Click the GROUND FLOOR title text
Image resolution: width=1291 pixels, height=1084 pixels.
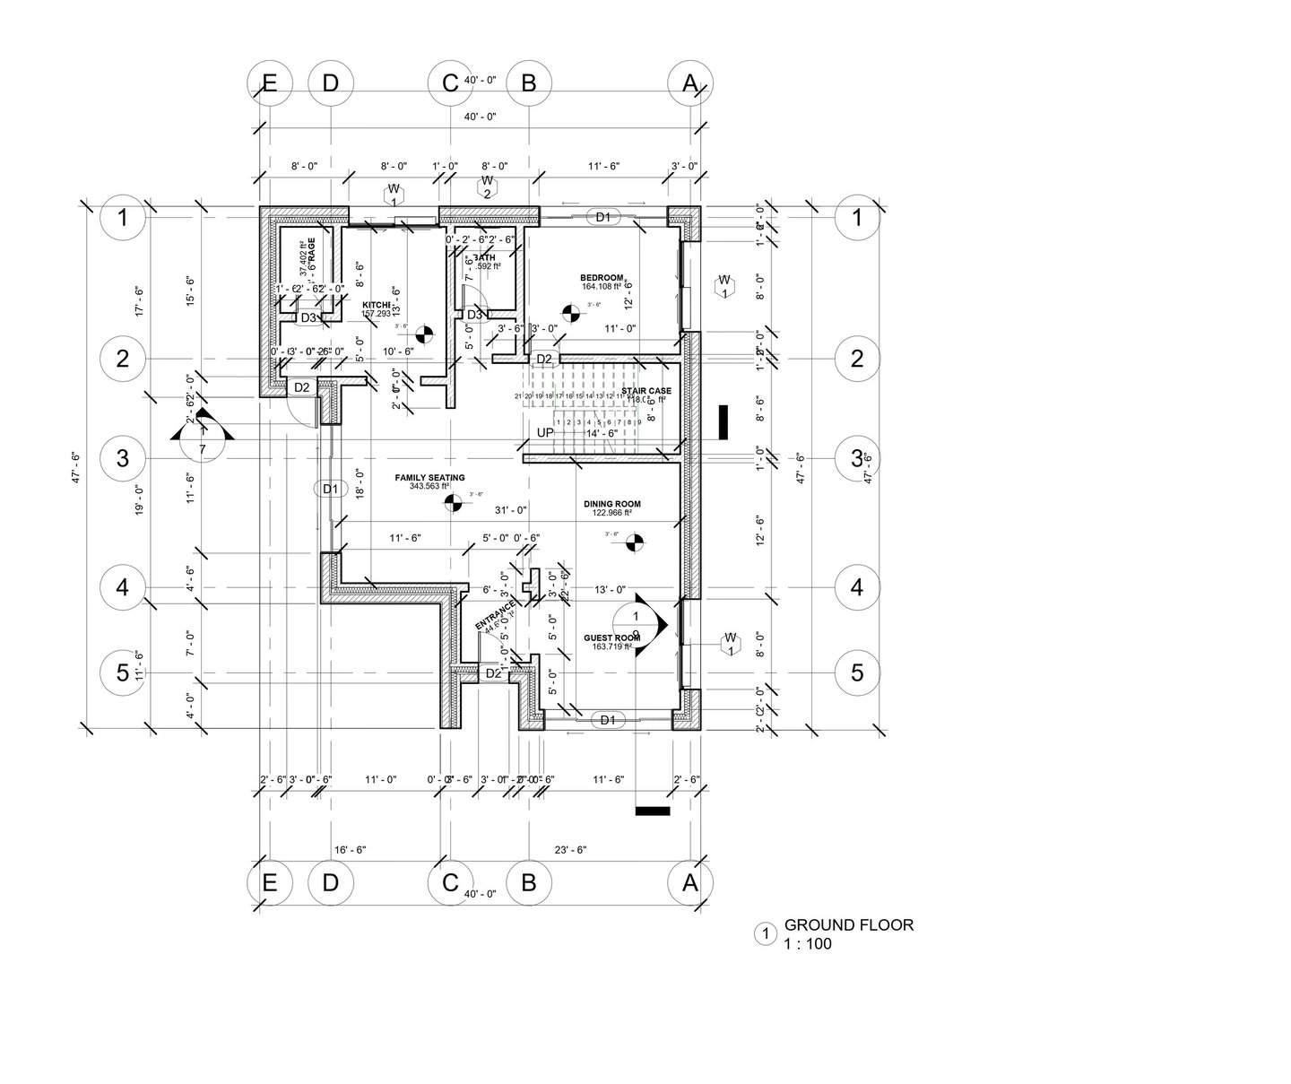(848, 925)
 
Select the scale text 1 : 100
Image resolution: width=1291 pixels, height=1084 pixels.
(808, 944)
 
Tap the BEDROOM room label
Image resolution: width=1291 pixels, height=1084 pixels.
(602, 277)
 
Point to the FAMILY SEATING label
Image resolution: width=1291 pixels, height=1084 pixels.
(429, 478)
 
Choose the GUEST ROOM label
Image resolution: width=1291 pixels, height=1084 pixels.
(611, 637)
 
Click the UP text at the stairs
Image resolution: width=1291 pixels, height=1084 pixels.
(544, 433)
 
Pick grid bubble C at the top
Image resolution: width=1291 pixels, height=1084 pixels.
(450, 82)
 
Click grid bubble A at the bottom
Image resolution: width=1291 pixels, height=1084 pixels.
(689, 883)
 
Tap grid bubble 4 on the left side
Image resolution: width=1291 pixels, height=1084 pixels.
(123, 588)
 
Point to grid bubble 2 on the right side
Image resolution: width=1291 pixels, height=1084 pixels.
(857, 360)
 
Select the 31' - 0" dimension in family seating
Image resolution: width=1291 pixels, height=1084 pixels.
(511, 510)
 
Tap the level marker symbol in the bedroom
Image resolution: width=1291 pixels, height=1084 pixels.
(569, 313)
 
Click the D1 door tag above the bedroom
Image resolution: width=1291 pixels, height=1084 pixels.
(602, 217)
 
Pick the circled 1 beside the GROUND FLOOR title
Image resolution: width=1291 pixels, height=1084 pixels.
(766, 934)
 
